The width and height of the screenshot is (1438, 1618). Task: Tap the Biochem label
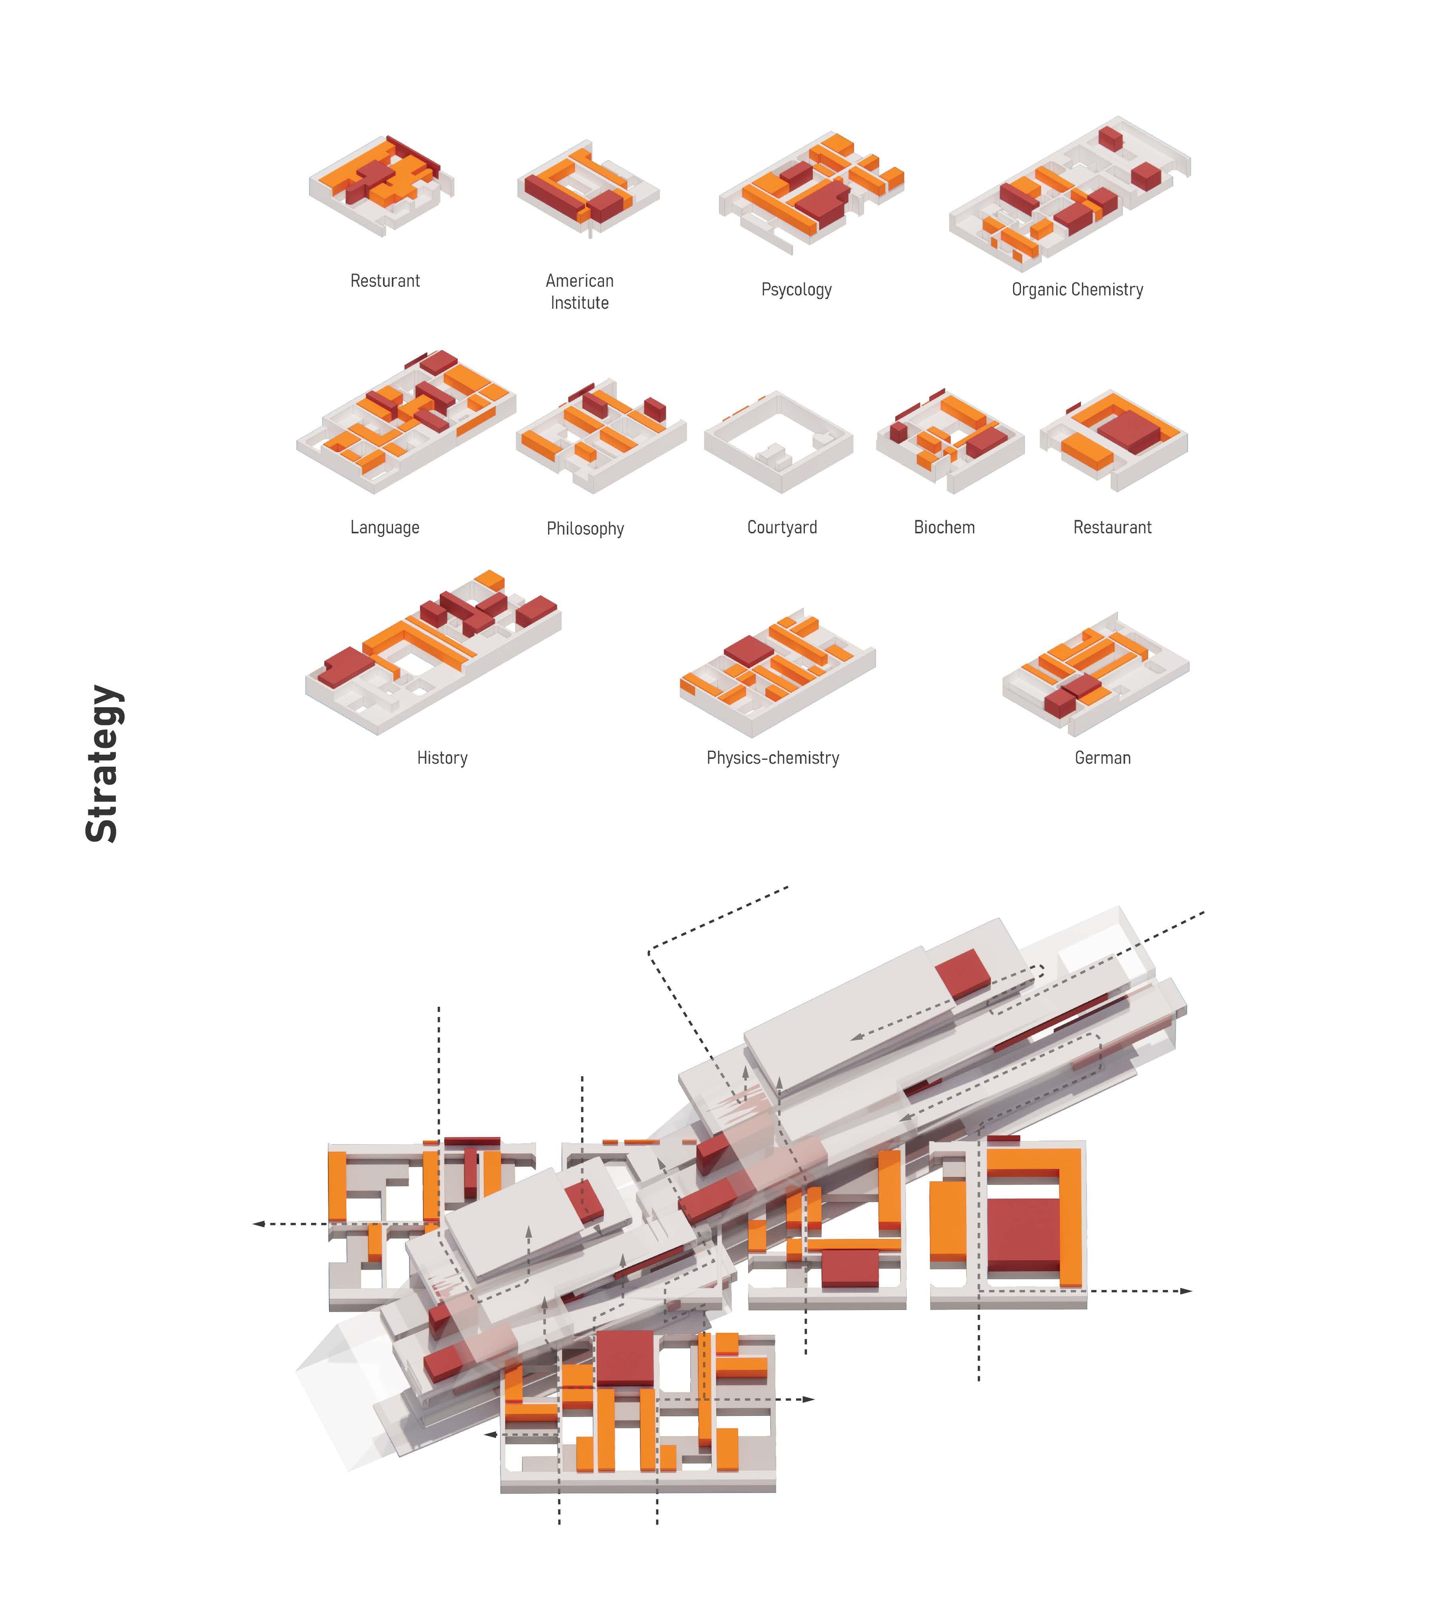(944, 527)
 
